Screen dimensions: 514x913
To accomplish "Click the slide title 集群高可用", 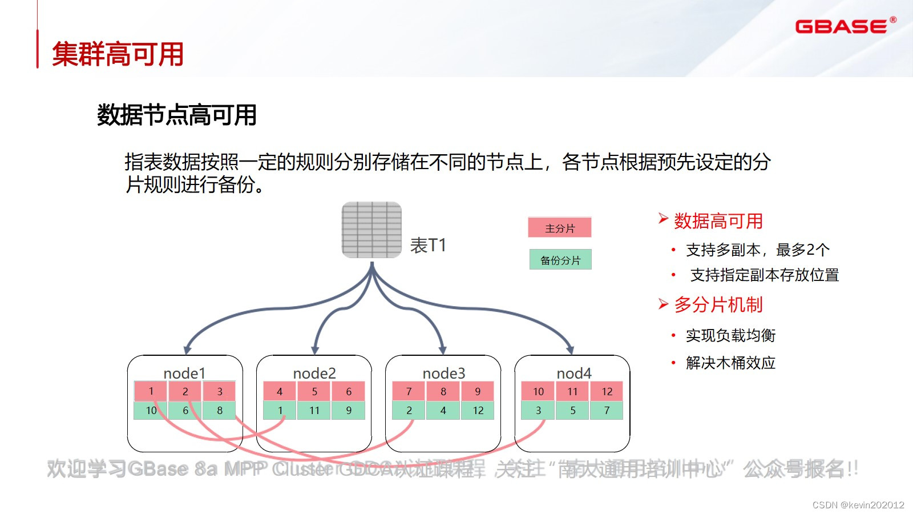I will click(x=118, y=54).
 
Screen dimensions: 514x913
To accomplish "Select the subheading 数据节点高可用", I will click(x=176, y=115).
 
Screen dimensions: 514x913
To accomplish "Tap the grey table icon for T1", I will click(x=371, y=230).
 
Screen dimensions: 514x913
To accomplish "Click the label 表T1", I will click(x=428, y=246).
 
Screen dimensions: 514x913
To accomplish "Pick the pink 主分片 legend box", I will click(x=559, y=228).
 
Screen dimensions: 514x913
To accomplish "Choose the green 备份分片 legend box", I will click(x=560, y=260).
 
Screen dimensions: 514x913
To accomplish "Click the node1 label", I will click(x=184, y=373).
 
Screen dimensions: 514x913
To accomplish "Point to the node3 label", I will click(x=443, y=373).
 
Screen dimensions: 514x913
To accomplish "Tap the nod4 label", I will click(x=573, y=373).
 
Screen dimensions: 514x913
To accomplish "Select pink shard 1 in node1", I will click(x=151, y=391).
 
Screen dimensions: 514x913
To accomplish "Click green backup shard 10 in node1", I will click(x=151, y=410).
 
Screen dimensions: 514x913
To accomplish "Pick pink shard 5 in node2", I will click(x=314, y=391).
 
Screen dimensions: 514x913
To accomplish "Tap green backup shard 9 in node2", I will click(x=348, y=410).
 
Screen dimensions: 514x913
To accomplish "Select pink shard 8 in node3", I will click(x=443, y=391).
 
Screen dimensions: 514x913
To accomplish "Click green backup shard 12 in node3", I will click(x=478, y=410).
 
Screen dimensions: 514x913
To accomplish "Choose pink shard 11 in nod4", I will click(x=572, y=391).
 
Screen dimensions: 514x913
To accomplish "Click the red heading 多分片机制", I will click(x=718, y=305).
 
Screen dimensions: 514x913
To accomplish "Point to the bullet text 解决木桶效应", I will click(x=730, y=363).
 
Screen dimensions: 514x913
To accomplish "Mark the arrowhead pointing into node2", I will click(x=315, y=350).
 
